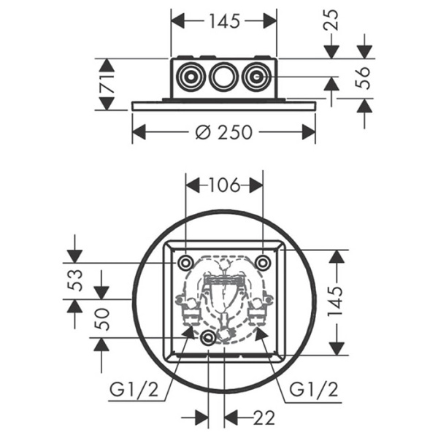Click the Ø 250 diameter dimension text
click(x=225, y=132)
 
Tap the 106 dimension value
click(x=224, y=185)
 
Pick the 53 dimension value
click(x=74, y=280)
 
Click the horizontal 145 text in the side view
click(x=223, y=21)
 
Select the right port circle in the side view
click(x=255, y=77)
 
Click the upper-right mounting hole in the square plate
click(x=263, y=262)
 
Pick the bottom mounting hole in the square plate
click(x=209, y=337)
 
